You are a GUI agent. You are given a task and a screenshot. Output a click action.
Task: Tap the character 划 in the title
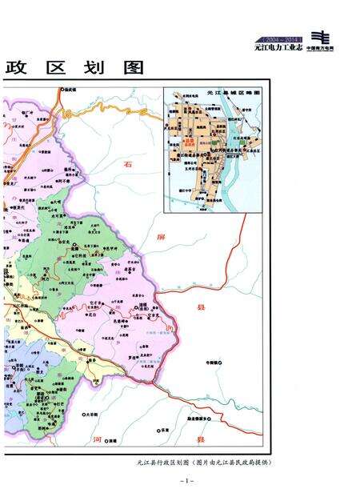click(94, 68)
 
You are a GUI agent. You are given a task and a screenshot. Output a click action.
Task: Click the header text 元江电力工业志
click(279, 48)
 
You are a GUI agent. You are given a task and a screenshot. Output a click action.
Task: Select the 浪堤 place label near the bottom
click(112, 440)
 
